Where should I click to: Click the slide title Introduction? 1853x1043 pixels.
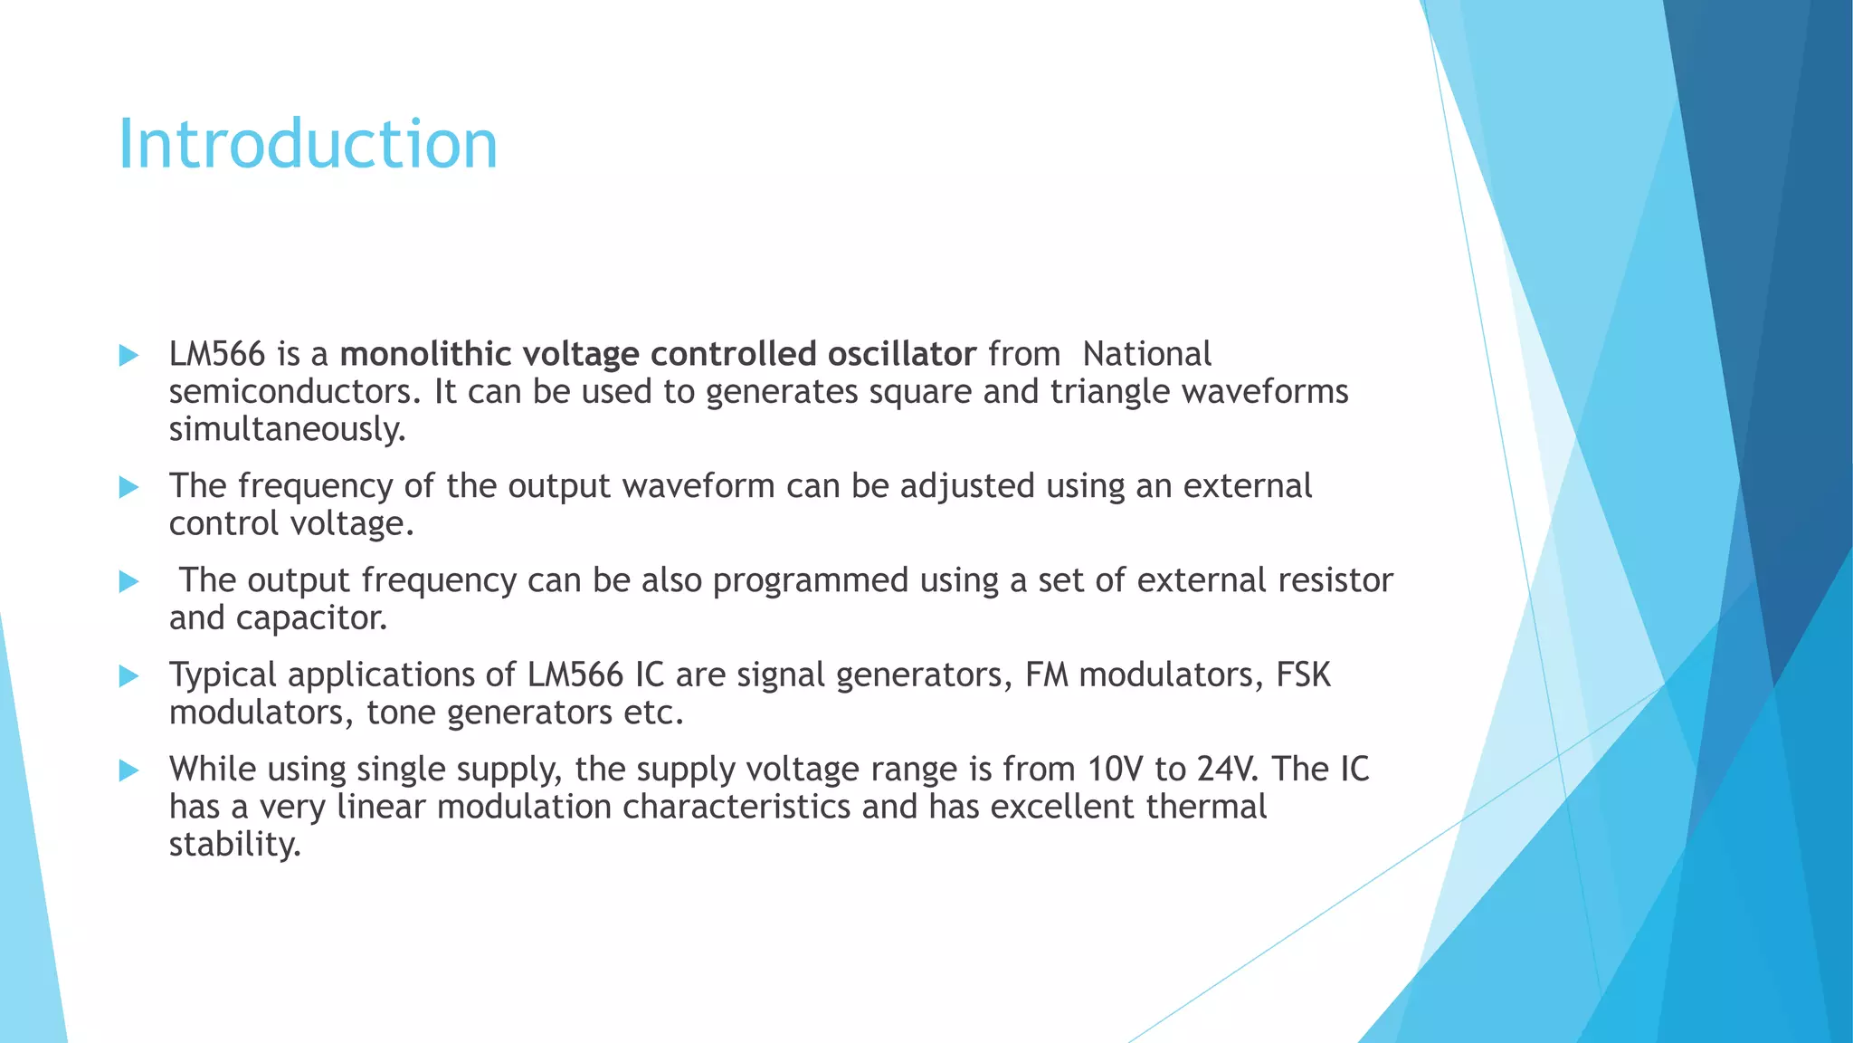308,144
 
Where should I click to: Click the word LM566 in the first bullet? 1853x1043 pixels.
217,354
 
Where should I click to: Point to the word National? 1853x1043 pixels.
1146,354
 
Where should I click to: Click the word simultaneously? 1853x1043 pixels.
288,429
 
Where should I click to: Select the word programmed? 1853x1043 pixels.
810,580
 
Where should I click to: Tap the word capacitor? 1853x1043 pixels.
311,618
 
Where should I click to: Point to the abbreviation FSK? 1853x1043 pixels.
1303,675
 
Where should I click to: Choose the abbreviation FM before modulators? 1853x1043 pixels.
1047,675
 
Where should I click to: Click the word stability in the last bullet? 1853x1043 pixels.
234,845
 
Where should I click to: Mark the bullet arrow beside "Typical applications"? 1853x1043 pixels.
129,676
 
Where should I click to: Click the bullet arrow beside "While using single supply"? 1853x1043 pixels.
129,770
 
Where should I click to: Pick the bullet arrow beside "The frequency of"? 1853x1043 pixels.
129,488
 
